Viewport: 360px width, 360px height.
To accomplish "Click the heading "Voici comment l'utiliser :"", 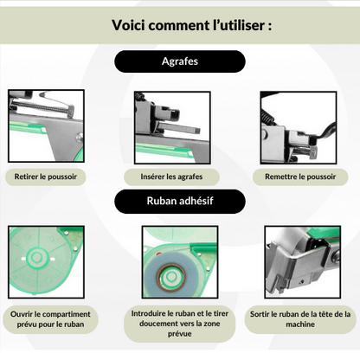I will point(180,24).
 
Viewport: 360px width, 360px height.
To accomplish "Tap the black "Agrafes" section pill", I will point(180,61).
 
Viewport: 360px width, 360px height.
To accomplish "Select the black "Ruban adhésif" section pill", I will point(180,202).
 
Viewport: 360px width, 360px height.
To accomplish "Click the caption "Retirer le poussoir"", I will point(46,176).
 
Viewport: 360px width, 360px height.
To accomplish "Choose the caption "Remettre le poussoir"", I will point(300,176).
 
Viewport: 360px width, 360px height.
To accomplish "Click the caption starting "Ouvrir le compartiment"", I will point(48,319).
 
